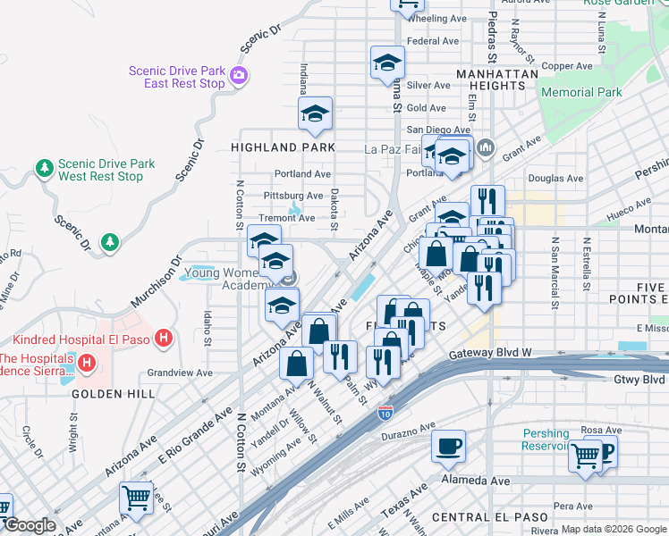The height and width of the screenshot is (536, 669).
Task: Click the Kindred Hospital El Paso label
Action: coord(82,339)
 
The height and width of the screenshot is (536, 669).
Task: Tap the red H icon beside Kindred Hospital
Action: coord(164,339)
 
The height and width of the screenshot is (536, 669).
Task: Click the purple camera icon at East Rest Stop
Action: coord(239,76)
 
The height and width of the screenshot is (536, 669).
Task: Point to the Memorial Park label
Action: coord(581,92)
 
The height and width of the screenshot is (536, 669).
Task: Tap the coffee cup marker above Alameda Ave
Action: coord(448,445)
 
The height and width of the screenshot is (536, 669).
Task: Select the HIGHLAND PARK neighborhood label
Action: coord(283,147)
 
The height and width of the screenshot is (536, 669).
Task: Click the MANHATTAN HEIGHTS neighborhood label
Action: coord(490,80)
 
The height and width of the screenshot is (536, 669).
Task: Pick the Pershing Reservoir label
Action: coord(546,440)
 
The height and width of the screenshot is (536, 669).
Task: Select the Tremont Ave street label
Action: coord(286,218)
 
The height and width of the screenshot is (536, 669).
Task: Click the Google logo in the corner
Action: coord(30,525)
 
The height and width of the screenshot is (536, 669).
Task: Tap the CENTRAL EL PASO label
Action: coord(487,517)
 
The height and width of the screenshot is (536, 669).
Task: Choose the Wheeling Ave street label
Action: coord(438,19)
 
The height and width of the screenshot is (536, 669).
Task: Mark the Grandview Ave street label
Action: coord(180,373)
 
